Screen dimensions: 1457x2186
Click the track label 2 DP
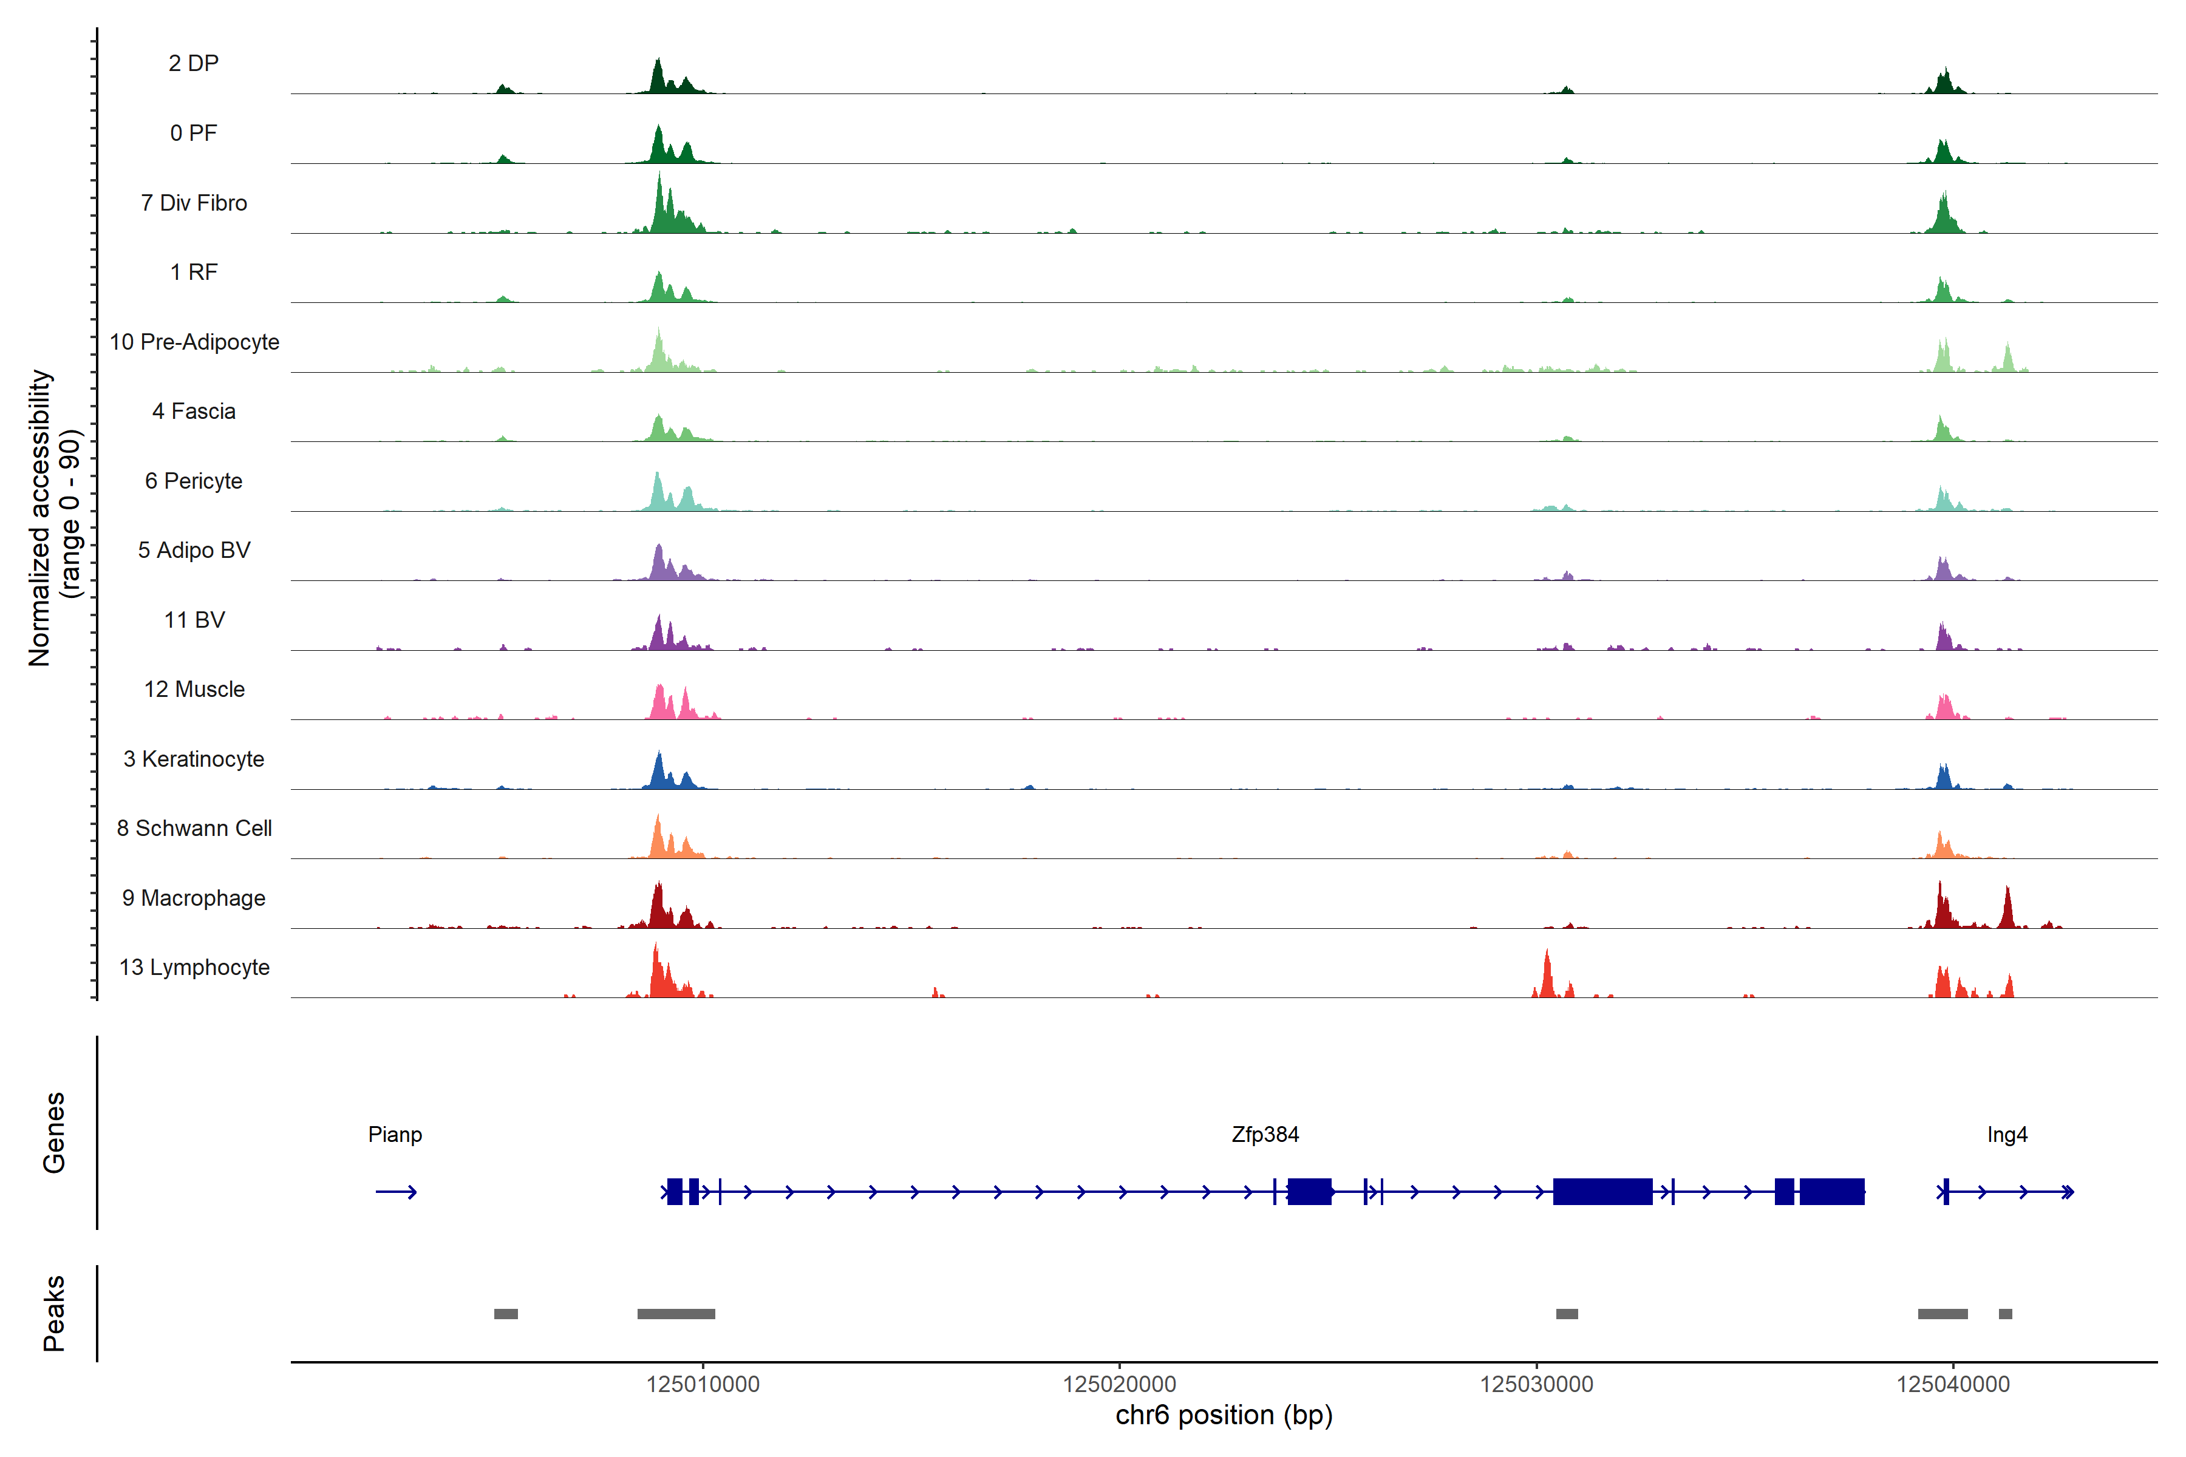(x=193, y=63)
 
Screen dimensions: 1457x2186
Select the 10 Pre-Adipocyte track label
(x=194, y=342)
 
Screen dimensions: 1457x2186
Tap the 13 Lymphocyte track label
(x=194, y=967)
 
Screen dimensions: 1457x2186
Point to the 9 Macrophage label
(x=193, y=898)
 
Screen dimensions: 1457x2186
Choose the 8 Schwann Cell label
(x=194, y=828)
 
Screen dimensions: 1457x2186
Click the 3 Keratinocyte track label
(x=193, y=759)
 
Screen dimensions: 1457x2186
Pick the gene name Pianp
(x=395, y=1135)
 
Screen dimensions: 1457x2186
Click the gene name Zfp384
(x=1265, y=1135)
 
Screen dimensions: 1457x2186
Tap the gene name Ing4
(x=2007, y=1135)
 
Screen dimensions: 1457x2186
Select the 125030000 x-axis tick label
(x=1536, y=1385)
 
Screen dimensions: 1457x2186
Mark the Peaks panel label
(x=54, y=1313)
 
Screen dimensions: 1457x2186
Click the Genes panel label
(x=54, y=1133)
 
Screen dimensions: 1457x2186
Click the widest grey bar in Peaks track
(x=676, y=1314)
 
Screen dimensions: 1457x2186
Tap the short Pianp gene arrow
(x=396, y=1192)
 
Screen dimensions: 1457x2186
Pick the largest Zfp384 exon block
(x=1602, y=1191)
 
